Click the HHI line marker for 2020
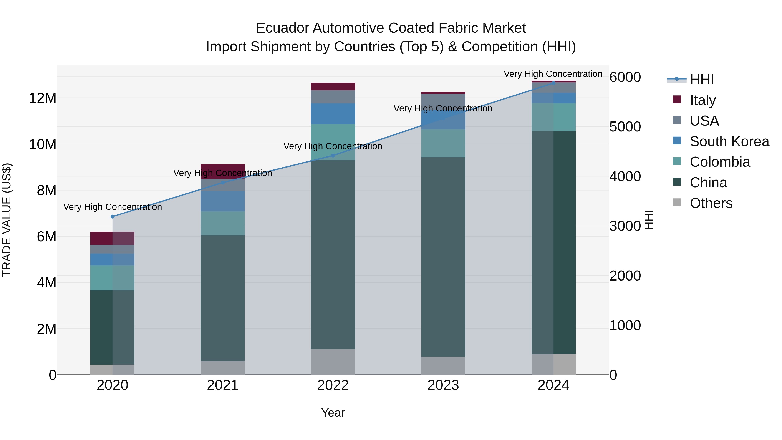[x=112, y=216]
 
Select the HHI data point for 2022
[x=333, y=156]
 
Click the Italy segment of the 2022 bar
[x=333, y=86]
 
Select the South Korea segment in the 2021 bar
[x=222, y=201]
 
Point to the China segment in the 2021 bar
[x=222, y=298]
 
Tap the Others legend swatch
[x=677, y=203]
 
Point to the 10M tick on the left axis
[x=43, y=144]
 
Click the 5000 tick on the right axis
[x=625, y=127]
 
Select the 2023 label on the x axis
[x=443, y=385]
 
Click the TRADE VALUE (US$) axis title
[x=7, y=220]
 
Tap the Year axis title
[x=333, y=413]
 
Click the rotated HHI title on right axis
[x=649, y=220]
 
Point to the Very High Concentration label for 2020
[x=112, y=207]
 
